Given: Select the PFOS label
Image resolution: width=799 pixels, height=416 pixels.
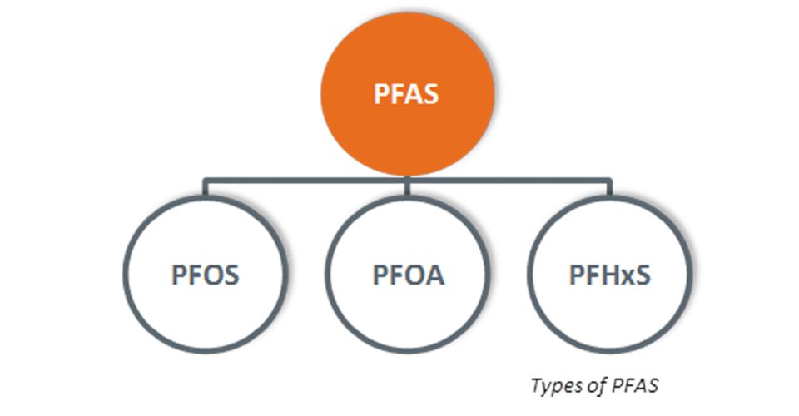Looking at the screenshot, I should click(x=205, y=275).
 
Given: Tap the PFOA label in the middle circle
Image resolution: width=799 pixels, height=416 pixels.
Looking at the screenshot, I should click(x=408, y=275).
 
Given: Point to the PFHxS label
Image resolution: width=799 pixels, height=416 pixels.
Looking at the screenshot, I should click(x=610, y=275).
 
